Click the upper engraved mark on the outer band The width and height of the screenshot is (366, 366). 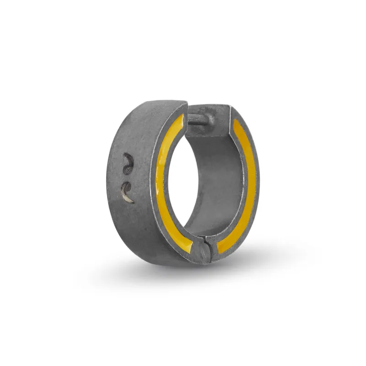tap(128, 162)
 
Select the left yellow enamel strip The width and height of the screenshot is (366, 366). tap(161, 183)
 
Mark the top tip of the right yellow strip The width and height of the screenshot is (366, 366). tap(236, 122)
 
